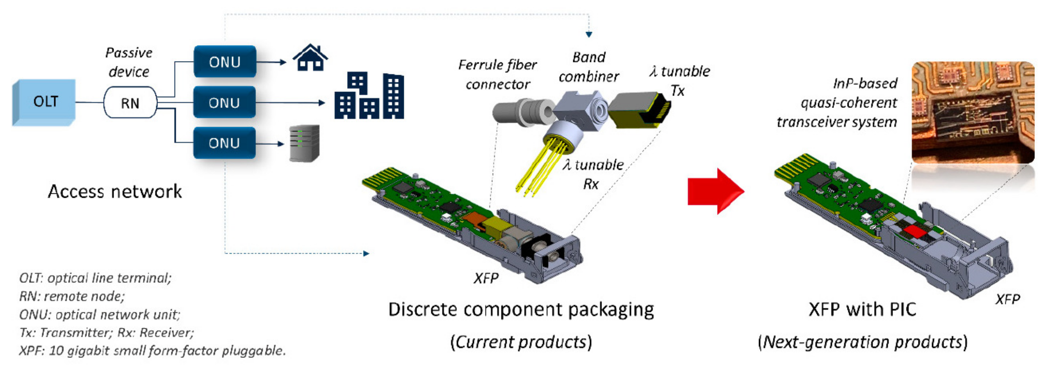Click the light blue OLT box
coord(44,101)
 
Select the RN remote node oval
coord(130,103)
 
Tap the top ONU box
coord(225,62)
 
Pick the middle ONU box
coord(224,103)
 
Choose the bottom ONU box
coord(224,143)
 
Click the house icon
coord(310,58)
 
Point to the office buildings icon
coord(369,96)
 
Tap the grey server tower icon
coord(304,143)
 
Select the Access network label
coord(115,192)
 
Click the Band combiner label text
coord(588,66)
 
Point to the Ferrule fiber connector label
coord(497,74)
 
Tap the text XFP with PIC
coord(862,309)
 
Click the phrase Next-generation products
coord(862,342)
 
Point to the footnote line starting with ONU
coord(100,314)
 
